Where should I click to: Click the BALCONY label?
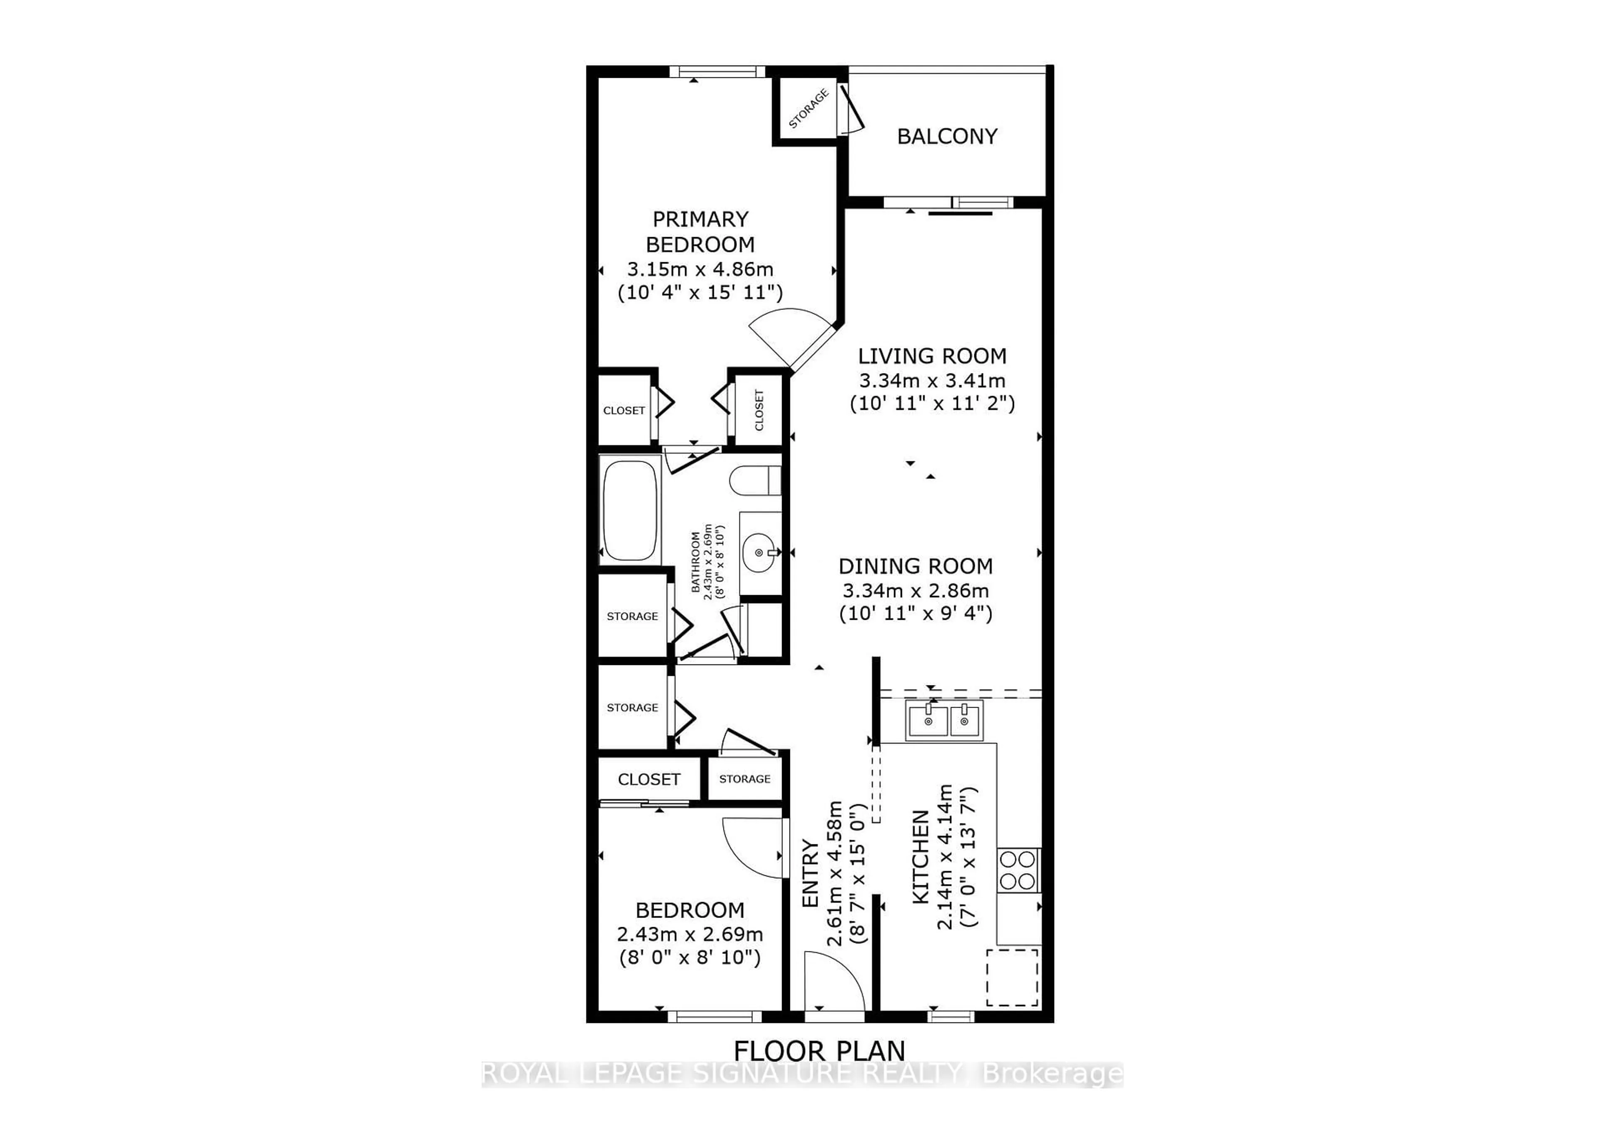947,136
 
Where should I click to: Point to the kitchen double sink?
945,720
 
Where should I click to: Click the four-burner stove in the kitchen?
1018,870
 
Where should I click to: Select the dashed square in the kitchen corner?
1012,977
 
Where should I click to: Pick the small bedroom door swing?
752,846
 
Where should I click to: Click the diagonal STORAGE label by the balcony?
808,109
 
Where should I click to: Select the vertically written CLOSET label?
759,410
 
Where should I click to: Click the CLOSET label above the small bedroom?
649,779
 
